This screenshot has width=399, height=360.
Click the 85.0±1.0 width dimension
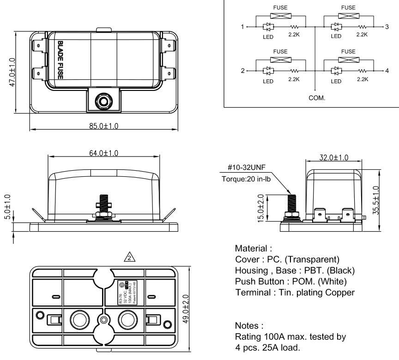(x=103, y=126)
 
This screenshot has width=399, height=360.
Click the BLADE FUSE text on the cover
(x=60, y=60)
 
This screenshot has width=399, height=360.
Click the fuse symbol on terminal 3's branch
(x=348, y=16)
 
